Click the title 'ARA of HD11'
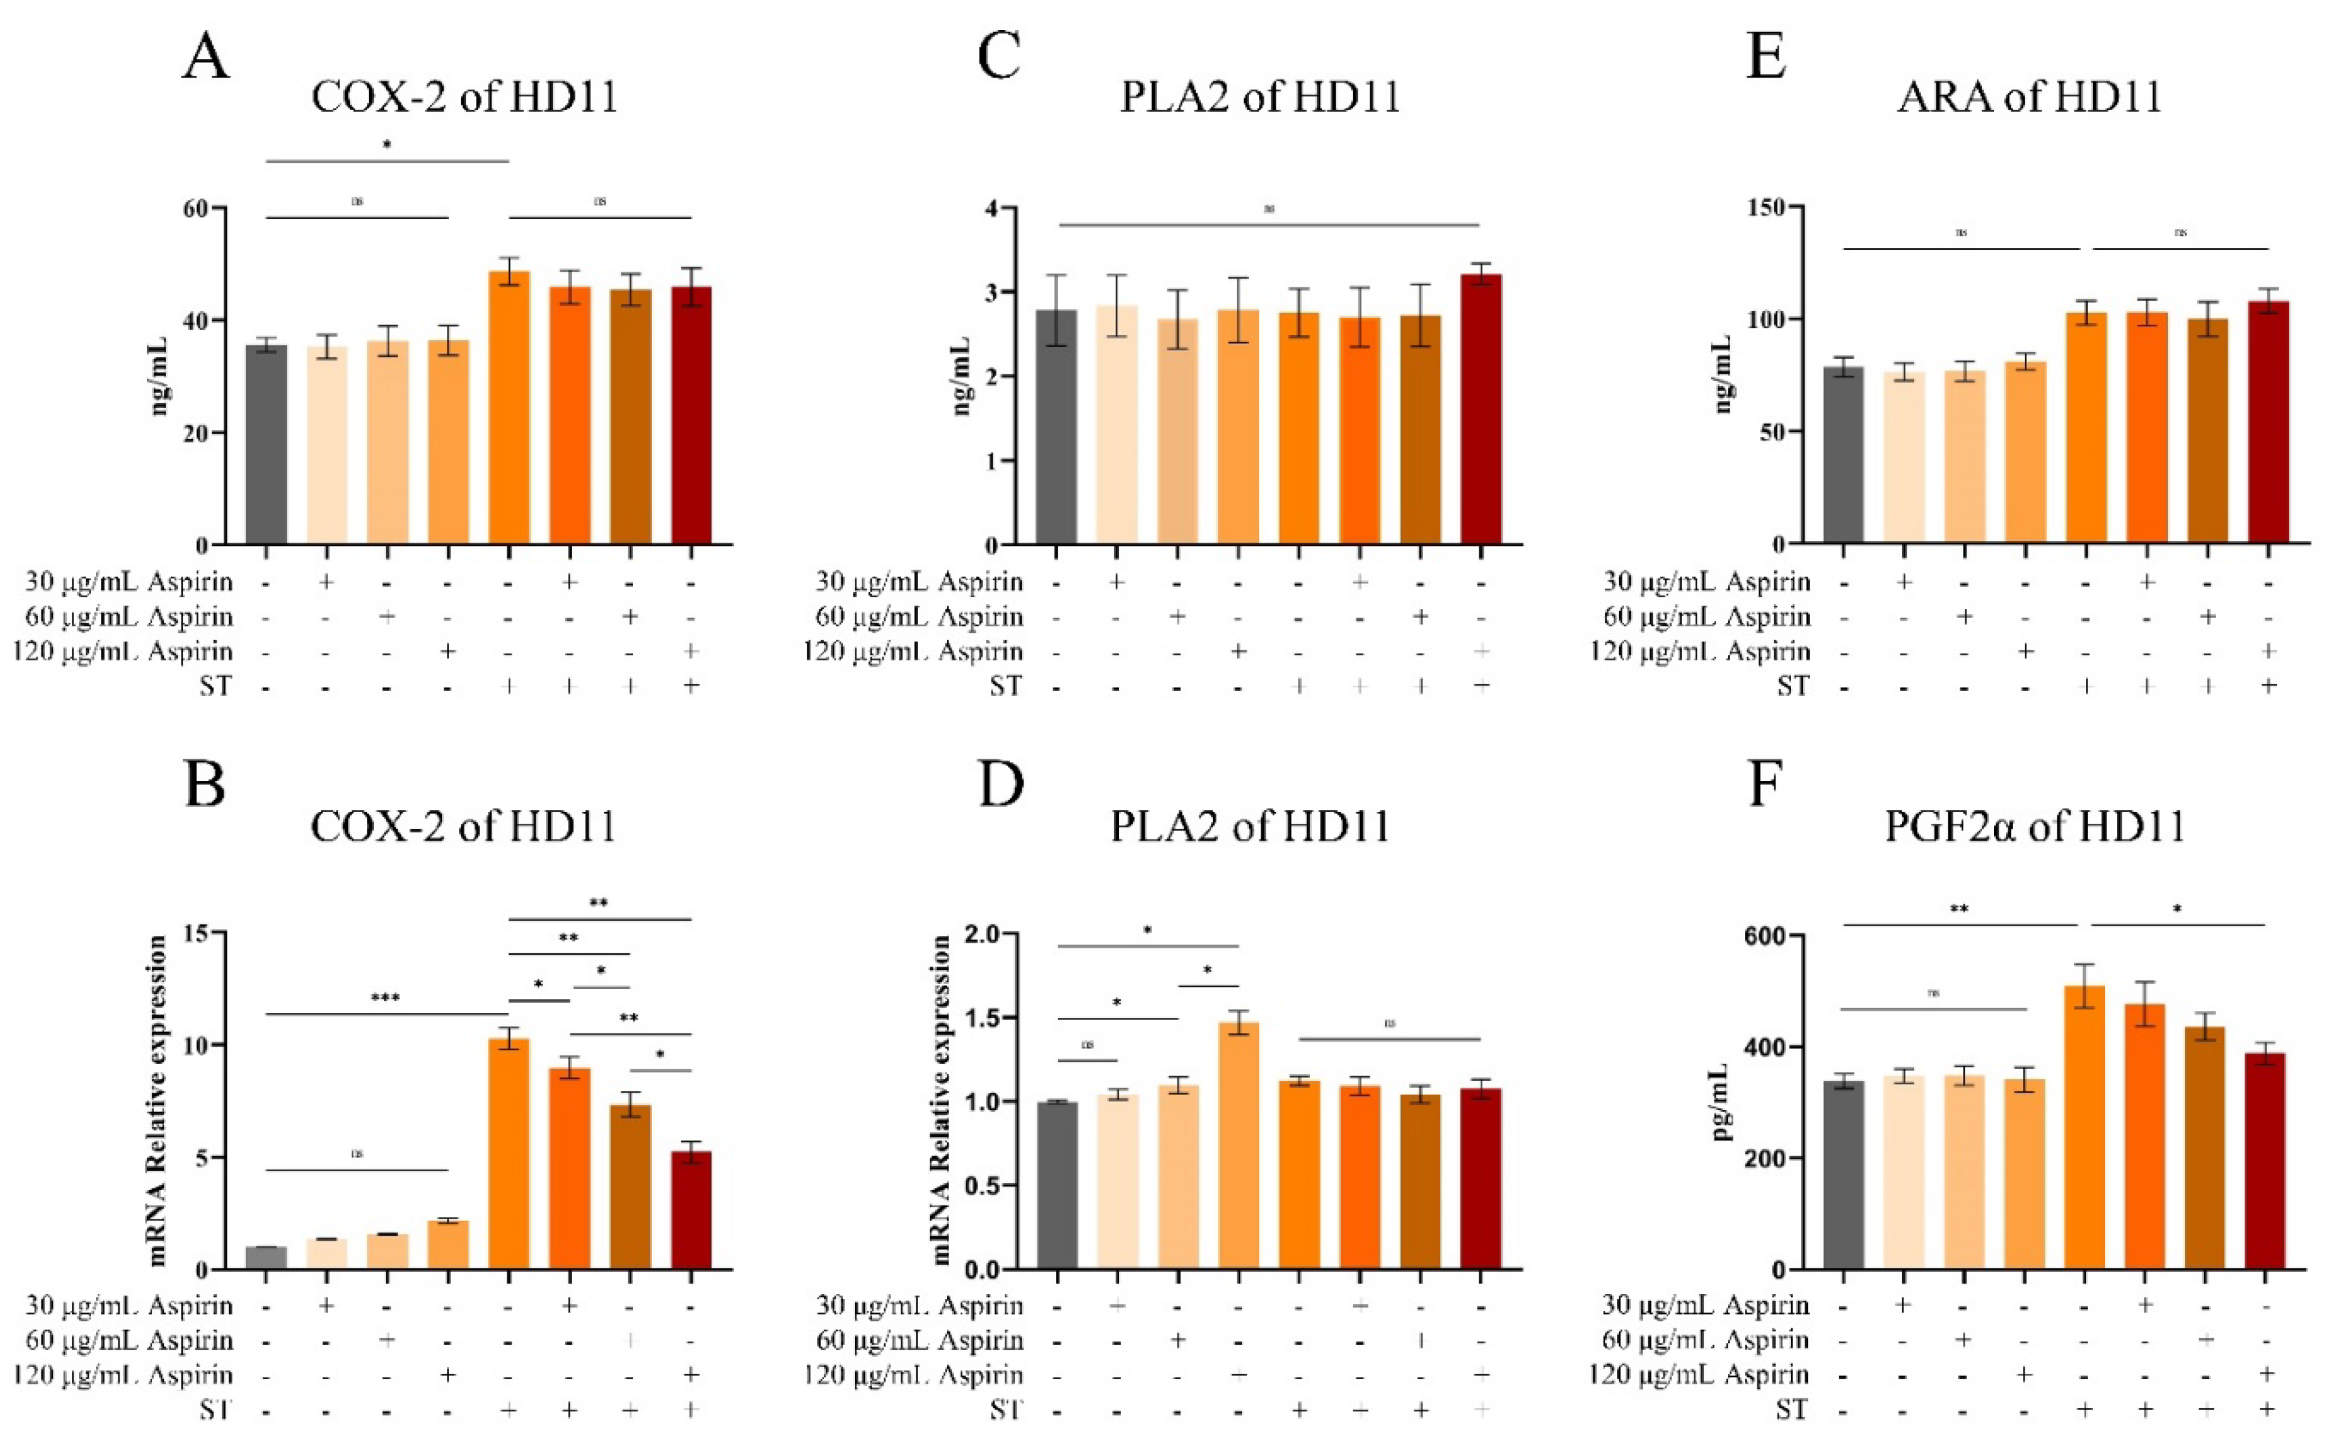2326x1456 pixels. [x=2029, y=97]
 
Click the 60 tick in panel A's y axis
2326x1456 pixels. [x=195, y=208]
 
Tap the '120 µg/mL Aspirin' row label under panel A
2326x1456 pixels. [x=123, y=652]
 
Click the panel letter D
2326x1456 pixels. [x=1001, y=785]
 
